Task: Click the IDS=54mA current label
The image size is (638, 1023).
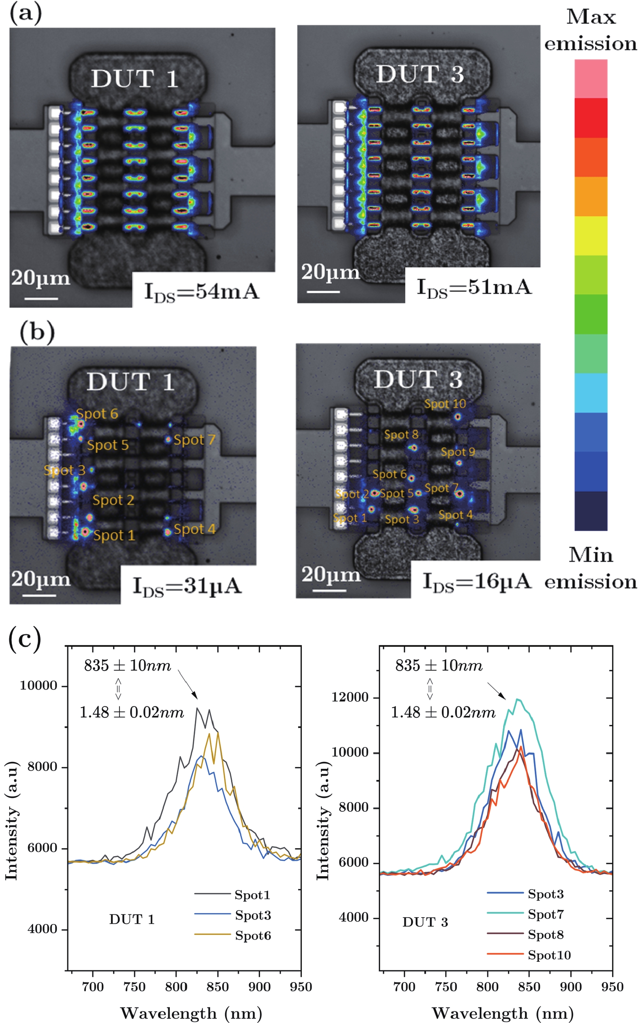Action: [x=201, y=292]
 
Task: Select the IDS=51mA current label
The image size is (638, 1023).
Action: [x=474, y=287]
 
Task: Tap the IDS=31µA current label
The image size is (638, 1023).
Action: [x=187, y=587]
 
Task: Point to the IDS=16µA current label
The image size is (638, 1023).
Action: [x=476, y=581]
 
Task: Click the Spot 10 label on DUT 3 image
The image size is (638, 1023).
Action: [x=445, y=404]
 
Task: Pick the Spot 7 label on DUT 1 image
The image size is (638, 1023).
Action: [x=194, y=440]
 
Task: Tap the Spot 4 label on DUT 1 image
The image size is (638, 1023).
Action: [x=194, y=529]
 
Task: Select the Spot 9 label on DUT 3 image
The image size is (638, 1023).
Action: [x=458, y=452]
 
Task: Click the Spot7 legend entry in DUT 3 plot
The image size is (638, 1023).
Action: [x=546, y=914]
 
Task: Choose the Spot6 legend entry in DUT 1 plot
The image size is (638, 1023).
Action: [x=253, y=935]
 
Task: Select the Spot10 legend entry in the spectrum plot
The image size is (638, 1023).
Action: [x=549, y=955]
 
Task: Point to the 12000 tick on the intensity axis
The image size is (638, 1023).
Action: [x=350, y=697]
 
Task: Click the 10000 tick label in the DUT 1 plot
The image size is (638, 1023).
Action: [x=38, y=686]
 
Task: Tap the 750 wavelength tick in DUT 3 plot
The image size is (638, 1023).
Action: [x=446, y=987]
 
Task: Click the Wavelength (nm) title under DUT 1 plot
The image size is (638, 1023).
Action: [x=191, y=1013]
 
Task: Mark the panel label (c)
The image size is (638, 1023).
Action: [x=24, y=639]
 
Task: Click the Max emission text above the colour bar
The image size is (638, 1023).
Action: [x=590, y=30]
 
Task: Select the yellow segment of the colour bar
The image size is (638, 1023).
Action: [x=591, y=236]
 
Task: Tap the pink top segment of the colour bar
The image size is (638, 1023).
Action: [x=591, y=79]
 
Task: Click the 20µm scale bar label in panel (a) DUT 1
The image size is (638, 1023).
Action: [x=41, y=279]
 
